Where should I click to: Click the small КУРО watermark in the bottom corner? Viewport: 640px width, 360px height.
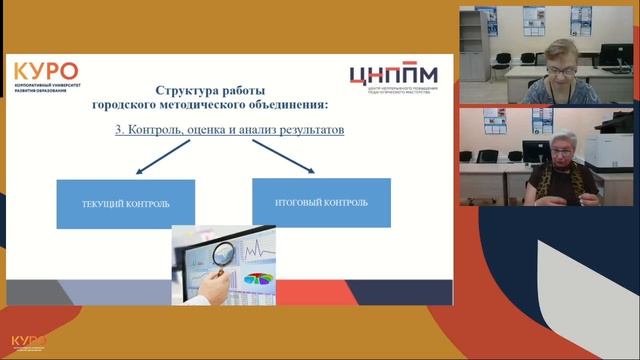tap(28, 343)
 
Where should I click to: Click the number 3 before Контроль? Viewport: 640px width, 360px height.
tap(120, 130)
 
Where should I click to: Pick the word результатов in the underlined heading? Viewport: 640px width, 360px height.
tap(309, 130)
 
